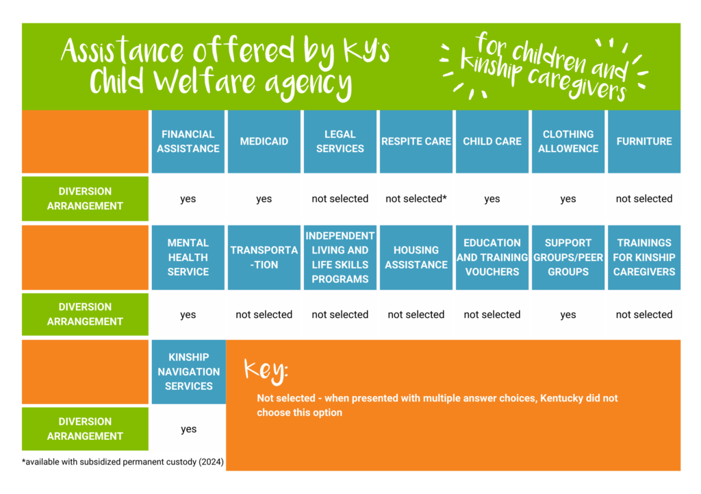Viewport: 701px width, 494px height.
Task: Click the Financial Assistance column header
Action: coord(188,141)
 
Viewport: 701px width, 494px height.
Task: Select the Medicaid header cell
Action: coord(264,141)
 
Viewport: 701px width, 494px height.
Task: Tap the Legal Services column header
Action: coord(340,141)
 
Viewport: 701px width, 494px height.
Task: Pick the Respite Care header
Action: coord(416,141)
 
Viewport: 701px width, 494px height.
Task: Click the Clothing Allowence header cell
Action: coord(568,141)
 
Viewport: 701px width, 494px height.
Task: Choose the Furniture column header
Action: coord(644,141)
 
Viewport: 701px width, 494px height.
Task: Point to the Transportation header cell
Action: coord(264,257)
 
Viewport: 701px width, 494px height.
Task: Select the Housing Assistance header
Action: coord(416,257)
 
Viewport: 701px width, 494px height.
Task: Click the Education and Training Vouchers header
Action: coord(492,257)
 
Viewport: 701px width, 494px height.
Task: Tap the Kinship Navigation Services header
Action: coord(188,371)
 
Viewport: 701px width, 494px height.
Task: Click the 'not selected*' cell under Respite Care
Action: coord(416,199)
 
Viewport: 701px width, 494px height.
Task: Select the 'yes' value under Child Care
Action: coord(492,199)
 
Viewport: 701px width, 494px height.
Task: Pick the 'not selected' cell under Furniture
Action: coord(644,199)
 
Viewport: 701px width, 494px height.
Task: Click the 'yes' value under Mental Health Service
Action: coord(188,314)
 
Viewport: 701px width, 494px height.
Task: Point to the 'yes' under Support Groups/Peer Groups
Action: coord(568,314)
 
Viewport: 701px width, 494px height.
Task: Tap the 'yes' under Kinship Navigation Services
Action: coord(188,429)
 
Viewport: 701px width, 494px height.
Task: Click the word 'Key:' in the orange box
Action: coord(266,371)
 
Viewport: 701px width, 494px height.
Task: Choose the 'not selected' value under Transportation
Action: coord(264,314)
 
